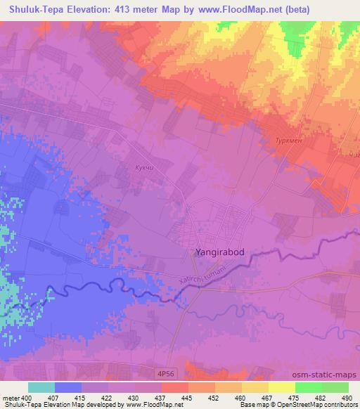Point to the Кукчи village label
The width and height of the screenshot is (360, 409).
[x=145, y=168]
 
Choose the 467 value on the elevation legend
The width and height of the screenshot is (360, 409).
[x=267, y=398]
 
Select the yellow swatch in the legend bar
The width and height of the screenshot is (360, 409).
[x=282, y=387]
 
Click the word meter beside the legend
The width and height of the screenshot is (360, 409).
[x=11, y=398]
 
